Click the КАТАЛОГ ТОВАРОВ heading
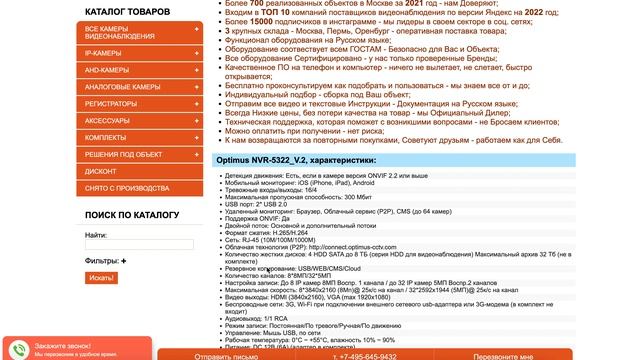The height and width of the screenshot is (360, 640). coord(127,11)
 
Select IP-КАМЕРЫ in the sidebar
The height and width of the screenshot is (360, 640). coord(104,53)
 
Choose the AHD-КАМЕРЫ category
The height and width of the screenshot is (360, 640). coord(108,70)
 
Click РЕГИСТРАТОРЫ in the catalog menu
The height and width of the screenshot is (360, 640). coord(113,104)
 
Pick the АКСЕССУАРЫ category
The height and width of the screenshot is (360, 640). coord(108,121)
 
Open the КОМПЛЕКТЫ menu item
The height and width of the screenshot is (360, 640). coord(106,137)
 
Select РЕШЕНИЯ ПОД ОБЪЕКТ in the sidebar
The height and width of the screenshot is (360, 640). coord(125,154)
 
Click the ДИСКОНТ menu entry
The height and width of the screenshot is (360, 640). coord(101,171)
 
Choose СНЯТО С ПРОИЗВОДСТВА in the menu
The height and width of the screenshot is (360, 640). coord(128,189)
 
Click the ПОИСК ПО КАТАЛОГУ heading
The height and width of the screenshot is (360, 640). coord(132,215)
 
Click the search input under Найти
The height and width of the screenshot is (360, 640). coord(140,244)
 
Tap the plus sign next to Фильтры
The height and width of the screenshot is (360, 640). coord(124,261)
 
